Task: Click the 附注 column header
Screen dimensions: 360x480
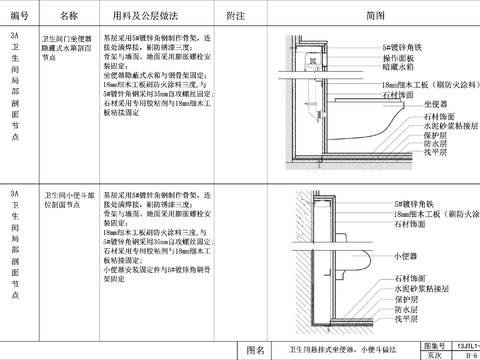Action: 236,17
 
